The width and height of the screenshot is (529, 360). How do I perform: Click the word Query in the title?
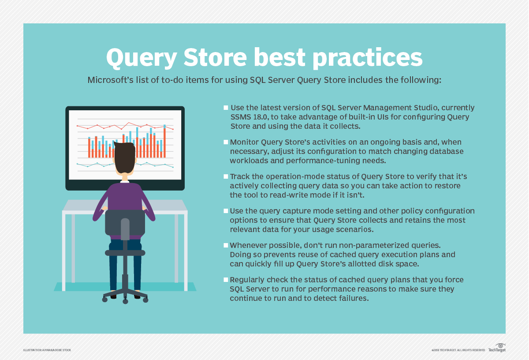pyautogui.click(x=142, y=58)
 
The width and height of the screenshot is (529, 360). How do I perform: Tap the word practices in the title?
pyautogui.click(x=368, y=58)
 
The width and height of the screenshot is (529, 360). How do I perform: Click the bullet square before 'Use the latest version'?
pyautogui.click(x=226, y=108)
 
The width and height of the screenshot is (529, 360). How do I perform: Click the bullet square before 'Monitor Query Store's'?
pyautogui.click(x=226, y=142)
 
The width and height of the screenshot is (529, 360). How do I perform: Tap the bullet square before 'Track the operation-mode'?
pyautogui.click(x=226, y=176)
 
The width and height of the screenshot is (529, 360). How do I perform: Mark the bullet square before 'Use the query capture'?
pyautogui.click(x=226, y=211)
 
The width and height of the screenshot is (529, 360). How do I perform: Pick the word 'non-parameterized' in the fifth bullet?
pyautogui.click(x=363, y=245)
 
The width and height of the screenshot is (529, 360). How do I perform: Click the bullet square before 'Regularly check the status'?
pyautogui.click(x=226, y=280)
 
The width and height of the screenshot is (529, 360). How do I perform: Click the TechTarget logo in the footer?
pyautogui.click(x=497, y=348)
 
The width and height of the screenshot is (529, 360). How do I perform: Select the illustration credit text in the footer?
pyautogui.click(x=47, y=350)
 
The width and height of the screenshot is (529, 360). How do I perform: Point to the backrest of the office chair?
pyautogui.click(x=125, y=223)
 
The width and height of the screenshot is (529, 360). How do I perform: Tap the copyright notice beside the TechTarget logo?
pyautogui.click(x=458, y=350)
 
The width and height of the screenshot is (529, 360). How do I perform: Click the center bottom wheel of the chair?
pyautogui.click(x=125, y=301)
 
